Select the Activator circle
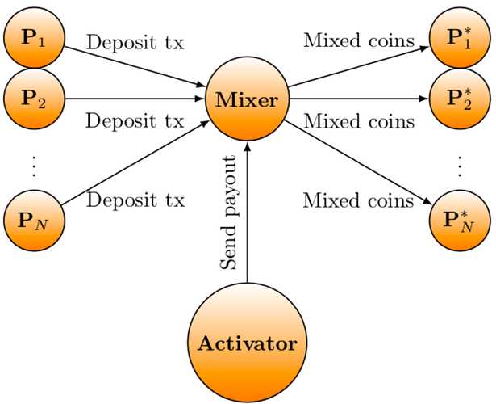coord(247,343)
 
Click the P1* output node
coord(459,38)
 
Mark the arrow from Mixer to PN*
coord(359,162)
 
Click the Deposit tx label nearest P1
coord(135,41)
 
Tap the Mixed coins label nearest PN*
coord(358,200)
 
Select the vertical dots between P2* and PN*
coord(459,165)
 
